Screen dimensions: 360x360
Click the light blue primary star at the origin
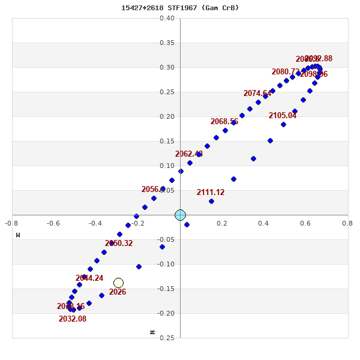[180, 215]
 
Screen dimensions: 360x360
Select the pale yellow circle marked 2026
[118, 283]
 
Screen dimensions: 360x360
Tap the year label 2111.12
[211, 193]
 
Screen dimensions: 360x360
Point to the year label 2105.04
[283, 116]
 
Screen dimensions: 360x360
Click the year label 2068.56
[224, 122]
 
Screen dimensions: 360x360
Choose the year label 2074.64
[257, 94]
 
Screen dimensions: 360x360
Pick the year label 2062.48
[189, 154]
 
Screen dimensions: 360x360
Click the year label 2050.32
[119, 244]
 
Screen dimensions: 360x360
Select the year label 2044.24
[89, 278]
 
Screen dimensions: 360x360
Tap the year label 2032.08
[73, 319]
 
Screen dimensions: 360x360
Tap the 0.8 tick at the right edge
[347, 223]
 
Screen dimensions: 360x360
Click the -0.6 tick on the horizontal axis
[53, 223]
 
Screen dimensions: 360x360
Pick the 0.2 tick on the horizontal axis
[222, 223]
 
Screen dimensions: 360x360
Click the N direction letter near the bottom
[152, 332]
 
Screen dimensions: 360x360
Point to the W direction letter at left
[18, 235]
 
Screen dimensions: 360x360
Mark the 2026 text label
[118, 292]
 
